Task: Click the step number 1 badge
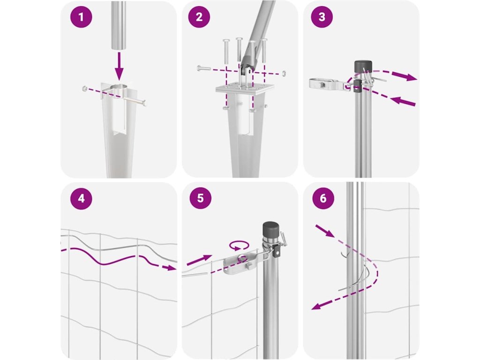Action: click(x=81, y=17)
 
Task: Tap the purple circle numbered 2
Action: click(x=199, y=17)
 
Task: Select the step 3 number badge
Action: click(x=322, y=17)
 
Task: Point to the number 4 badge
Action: click(x=81, y=198)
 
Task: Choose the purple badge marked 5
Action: click(x=200, y=198)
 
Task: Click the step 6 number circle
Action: click(x=323, y=198)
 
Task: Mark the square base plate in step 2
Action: click(x=244, y=89)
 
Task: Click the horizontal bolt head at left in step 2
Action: click(x=199, y=67)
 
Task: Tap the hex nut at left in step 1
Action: click(x=84, y=89)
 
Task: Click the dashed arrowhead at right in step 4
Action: click(x=171, y=268)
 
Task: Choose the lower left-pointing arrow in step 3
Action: click(x=403, y=101)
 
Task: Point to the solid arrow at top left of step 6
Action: click(x=325, y=231)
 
